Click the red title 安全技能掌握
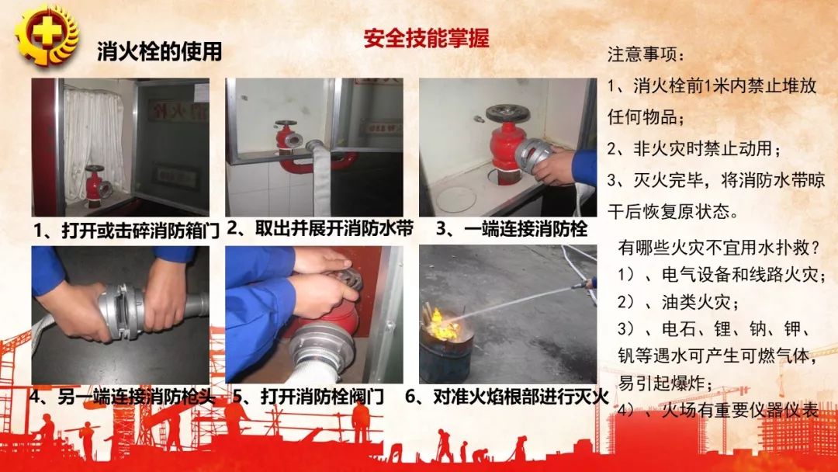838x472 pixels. (x=426, y=39)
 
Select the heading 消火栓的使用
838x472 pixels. (x=159, y=51)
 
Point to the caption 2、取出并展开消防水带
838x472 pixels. (x=320, y=228)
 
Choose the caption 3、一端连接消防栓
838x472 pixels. (x=511, y=228)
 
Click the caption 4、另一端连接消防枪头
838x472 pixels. (x=121, y=396)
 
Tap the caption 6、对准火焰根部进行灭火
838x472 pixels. (x=507, y=396)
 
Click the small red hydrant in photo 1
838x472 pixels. (x=96, y=186)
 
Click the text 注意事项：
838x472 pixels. (x=646, y=56)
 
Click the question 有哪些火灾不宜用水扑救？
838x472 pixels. (x=719, y=248)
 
